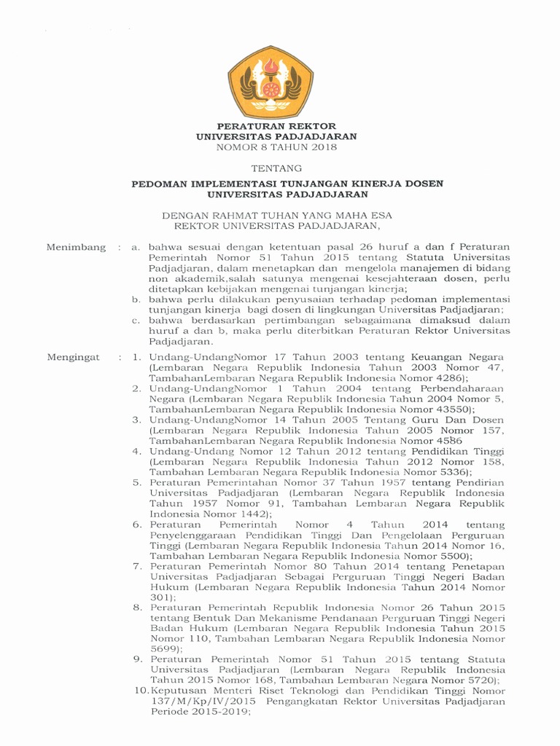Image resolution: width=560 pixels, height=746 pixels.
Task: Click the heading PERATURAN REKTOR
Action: pos(276,126)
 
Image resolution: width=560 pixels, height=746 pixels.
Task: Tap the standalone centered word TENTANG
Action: pos(276,168)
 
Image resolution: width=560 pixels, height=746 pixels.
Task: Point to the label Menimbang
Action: pos(76,248)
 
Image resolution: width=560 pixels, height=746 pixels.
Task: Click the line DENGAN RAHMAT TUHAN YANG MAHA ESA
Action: pos(276,216)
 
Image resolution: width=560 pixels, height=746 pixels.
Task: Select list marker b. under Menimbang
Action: pos(136,299)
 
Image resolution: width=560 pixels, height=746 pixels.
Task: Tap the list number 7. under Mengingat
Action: pos(136,565)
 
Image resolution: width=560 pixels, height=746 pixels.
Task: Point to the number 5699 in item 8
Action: pos(165,648)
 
